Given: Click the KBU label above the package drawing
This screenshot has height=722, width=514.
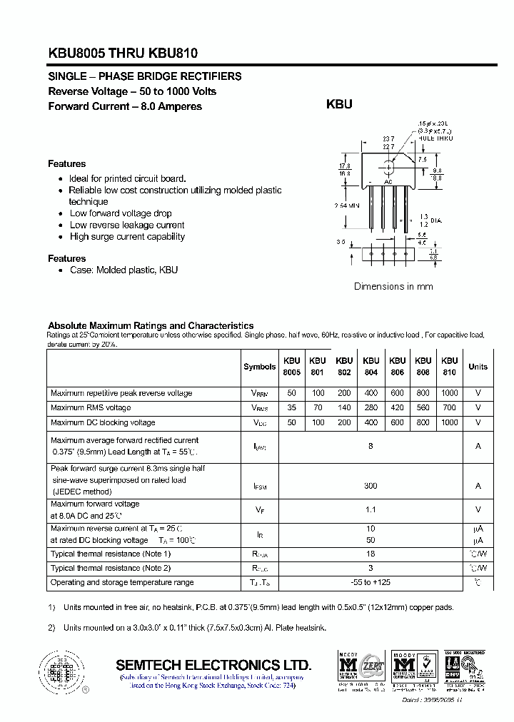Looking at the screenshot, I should point(339,104).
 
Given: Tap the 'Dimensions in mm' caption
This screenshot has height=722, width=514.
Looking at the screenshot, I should point(393,286).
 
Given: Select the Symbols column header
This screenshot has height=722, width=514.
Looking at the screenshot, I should point(259,367).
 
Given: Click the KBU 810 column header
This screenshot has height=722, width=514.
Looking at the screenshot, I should point(449,367).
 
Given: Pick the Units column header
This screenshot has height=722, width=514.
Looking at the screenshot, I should point(478,367).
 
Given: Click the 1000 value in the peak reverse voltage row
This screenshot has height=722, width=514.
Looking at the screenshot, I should point(449,393).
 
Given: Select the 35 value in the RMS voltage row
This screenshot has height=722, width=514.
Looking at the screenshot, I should point(291,407).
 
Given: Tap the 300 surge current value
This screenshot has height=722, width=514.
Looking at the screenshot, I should point(370,485).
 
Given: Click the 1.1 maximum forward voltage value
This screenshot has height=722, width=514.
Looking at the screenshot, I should point(370,509).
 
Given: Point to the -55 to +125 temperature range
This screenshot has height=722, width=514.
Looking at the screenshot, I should point(370,582).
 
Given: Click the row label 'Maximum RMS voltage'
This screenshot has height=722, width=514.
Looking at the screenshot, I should point(91,407).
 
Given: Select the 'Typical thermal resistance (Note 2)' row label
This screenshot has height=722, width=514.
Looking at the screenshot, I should point(111,568).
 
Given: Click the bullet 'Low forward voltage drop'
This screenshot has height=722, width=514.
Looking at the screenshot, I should point(121,213).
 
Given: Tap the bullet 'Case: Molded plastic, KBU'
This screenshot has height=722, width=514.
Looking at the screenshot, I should point(124,270).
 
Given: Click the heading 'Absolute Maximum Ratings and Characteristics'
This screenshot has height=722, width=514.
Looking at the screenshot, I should point(151,325).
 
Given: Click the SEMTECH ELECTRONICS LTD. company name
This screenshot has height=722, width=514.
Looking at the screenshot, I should point(213,663).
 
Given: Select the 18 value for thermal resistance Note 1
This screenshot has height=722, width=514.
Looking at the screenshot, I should point(370,554).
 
